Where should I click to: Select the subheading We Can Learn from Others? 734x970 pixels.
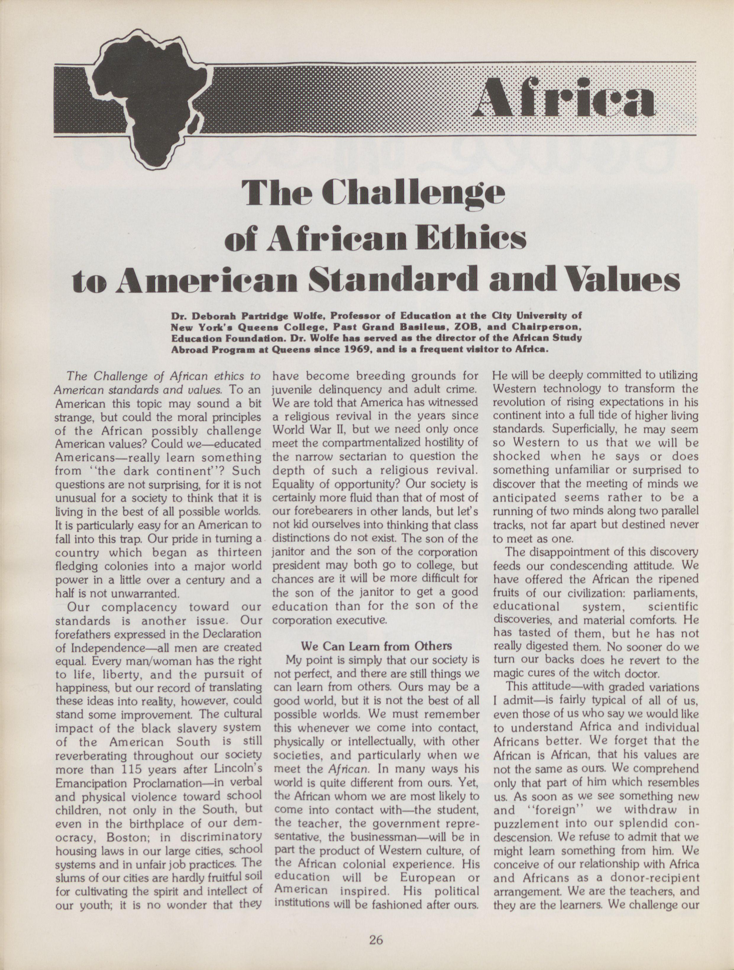pyautogui.click(x=376, y=646)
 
